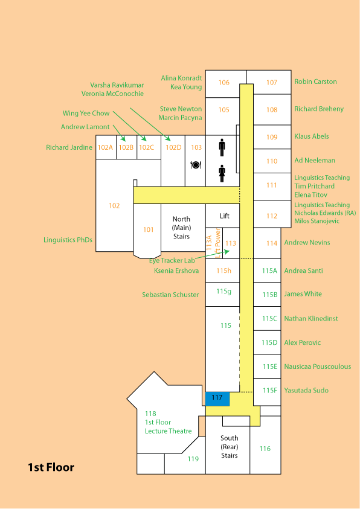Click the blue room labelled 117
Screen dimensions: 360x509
click(x=217, y=399)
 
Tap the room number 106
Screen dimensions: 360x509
click(x=224, y=83)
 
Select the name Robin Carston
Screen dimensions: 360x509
click(x=315, y=82)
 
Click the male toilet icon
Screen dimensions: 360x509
click(x=222, y=148)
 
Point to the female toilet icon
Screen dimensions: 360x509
click(x=222, y=174)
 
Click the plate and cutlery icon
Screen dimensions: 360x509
click(x=196, y=165)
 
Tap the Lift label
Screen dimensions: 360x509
click(x=224, y=216)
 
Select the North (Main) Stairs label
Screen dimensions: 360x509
click(x=181, y=228)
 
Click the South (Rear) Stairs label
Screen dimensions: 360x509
click(x=229, y=447)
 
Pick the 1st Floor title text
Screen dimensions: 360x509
click(x=51, y=467)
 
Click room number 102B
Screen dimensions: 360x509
click(x=126, y=147)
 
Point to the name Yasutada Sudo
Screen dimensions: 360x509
click(x=306, y=390)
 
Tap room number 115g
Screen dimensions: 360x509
click(x=224, y=292)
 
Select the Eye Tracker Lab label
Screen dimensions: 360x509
click(x=172, y=260)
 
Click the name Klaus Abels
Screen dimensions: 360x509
click(x=312, y=136)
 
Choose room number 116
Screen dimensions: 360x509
click(x=265, y=449)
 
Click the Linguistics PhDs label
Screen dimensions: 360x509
click(x=68, y=240)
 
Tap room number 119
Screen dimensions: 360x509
click(x=193, y=459)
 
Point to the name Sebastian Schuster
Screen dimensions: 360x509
click(x=170, y=295)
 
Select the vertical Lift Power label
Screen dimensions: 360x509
click(x=218, y=243)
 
